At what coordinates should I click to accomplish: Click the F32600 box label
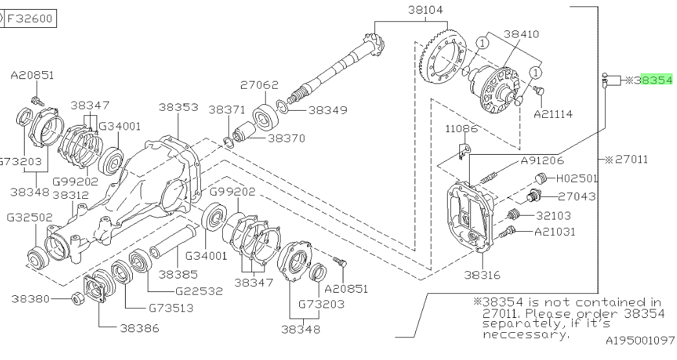30,19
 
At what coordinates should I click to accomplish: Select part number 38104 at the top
425,10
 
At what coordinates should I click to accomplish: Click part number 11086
462,129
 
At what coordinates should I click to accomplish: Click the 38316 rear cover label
482,275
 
